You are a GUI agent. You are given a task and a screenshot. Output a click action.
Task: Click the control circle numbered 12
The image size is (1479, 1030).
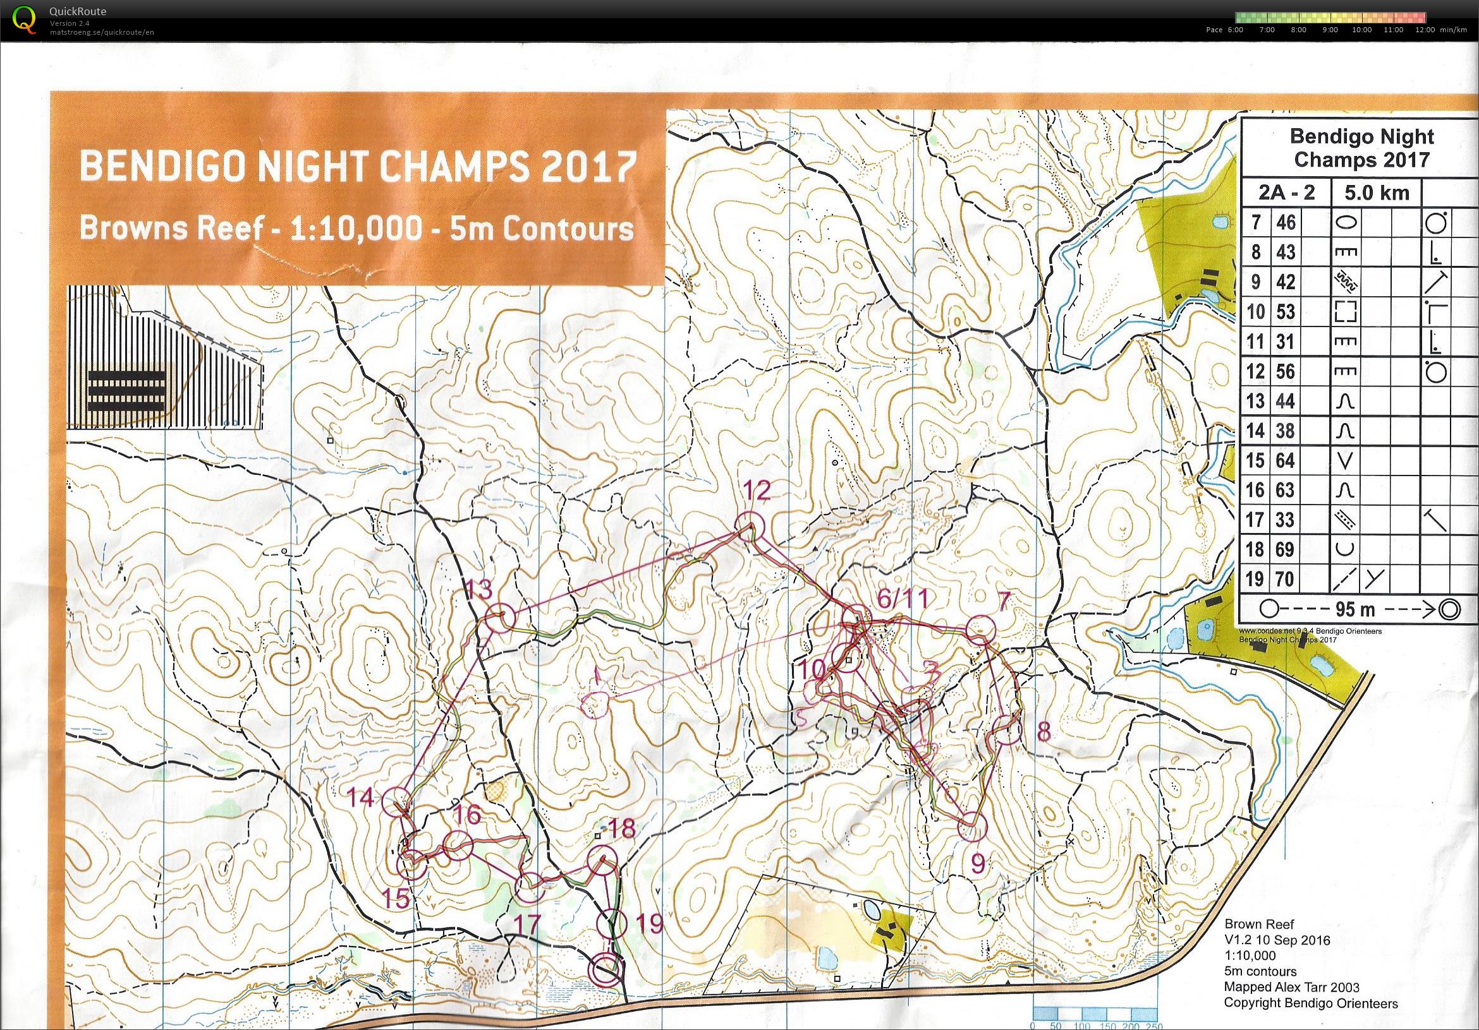(x=750, y=526)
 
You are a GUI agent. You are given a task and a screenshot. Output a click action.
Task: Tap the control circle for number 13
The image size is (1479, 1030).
(x=500, y=617)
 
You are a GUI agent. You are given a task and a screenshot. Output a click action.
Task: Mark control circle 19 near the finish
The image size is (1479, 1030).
(x=611, y=924)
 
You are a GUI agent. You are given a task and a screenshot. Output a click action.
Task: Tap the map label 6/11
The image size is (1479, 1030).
(x=903, y=599)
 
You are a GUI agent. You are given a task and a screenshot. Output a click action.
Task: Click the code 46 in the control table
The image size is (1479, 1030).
(x=1285, y=222)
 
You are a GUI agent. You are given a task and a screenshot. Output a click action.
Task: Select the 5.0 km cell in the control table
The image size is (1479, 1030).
(x=1376, y=193)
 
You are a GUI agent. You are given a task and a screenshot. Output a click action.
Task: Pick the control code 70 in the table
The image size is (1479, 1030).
(x=1285, y=578)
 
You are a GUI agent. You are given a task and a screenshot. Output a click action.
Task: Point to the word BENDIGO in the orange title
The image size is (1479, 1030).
(x=162, y=167)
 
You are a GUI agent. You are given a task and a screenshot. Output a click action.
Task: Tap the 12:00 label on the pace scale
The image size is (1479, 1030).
(x=1425, y=30)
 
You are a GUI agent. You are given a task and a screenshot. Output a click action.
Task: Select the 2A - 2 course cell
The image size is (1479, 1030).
(x=1285, y=193)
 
